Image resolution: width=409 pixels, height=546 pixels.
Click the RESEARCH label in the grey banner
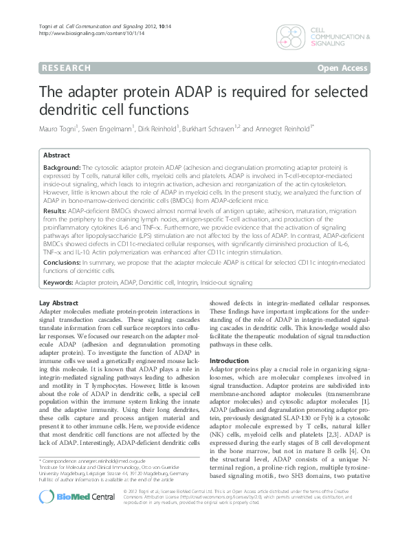[66, 68]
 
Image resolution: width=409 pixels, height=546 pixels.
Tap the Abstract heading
[58, 155]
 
